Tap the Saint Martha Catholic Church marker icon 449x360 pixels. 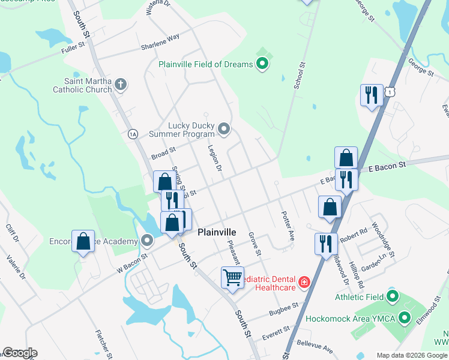[x=121, y=83]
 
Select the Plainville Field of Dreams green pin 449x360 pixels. [x=262, y=62]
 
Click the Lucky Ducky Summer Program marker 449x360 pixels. [x=224, y=128]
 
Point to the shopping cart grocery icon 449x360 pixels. [x=232, y=277]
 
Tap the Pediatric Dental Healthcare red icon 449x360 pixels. [x=304, y=281]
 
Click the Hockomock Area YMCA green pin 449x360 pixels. [x=405, y=318]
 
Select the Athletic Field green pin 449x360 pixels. [x=393, y=296]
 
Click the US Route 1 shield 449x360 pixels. [x=391, y=91]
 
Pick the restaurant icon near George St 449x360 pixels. [x=371, y=95]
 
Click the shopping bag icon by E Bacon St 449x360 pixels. [x=346, y=158]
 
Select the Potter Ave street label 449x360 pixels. [x=287, y=226]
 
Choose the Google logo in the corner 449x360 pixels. [x=20, y=353]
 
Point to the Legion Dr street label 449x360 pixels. [x=215, y=159]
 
